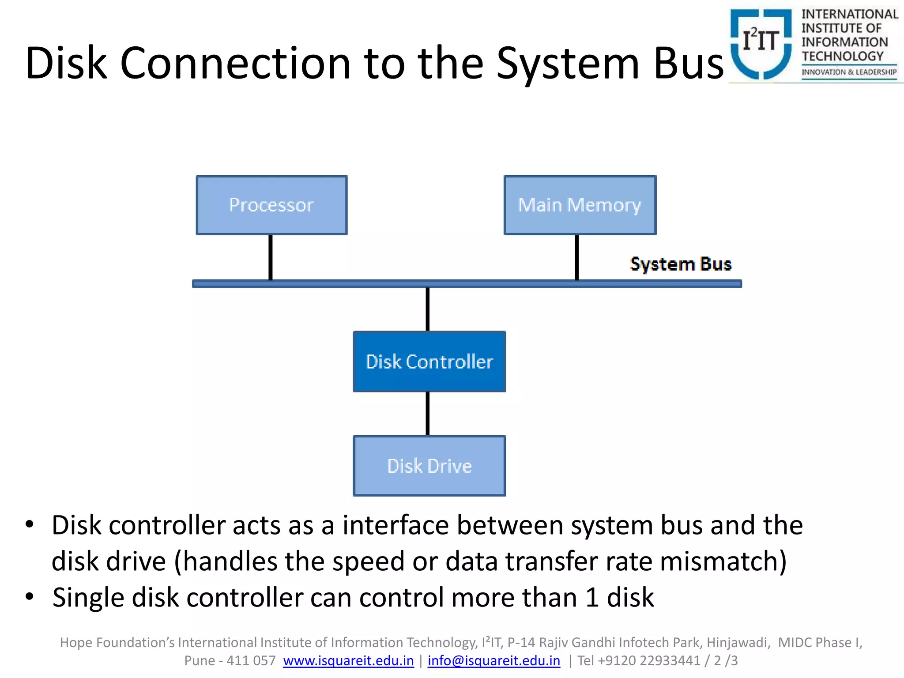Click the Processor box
[271, 205]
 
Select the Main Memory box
[580, 205]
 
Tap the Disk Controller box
[429, 362]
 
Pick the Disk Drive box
[429, 466]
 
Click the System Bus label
[680, 264]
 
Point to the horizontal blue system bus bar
[467, 284]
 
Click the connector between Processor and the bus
[271, 257]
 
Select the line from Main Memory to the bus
[576, 257]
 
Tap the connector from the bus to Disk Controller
[427, 309]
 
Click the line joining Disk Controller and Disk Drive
[427, 414]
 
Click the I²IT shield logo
[761, 43]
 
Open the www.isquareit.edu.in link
[348, 660]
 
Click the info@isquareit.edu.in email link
[493, 660]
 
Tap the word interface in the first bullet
[395, 525]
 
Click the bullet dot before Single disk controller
[30, 597]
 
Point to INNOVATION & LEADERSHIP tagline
[849, 72]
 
